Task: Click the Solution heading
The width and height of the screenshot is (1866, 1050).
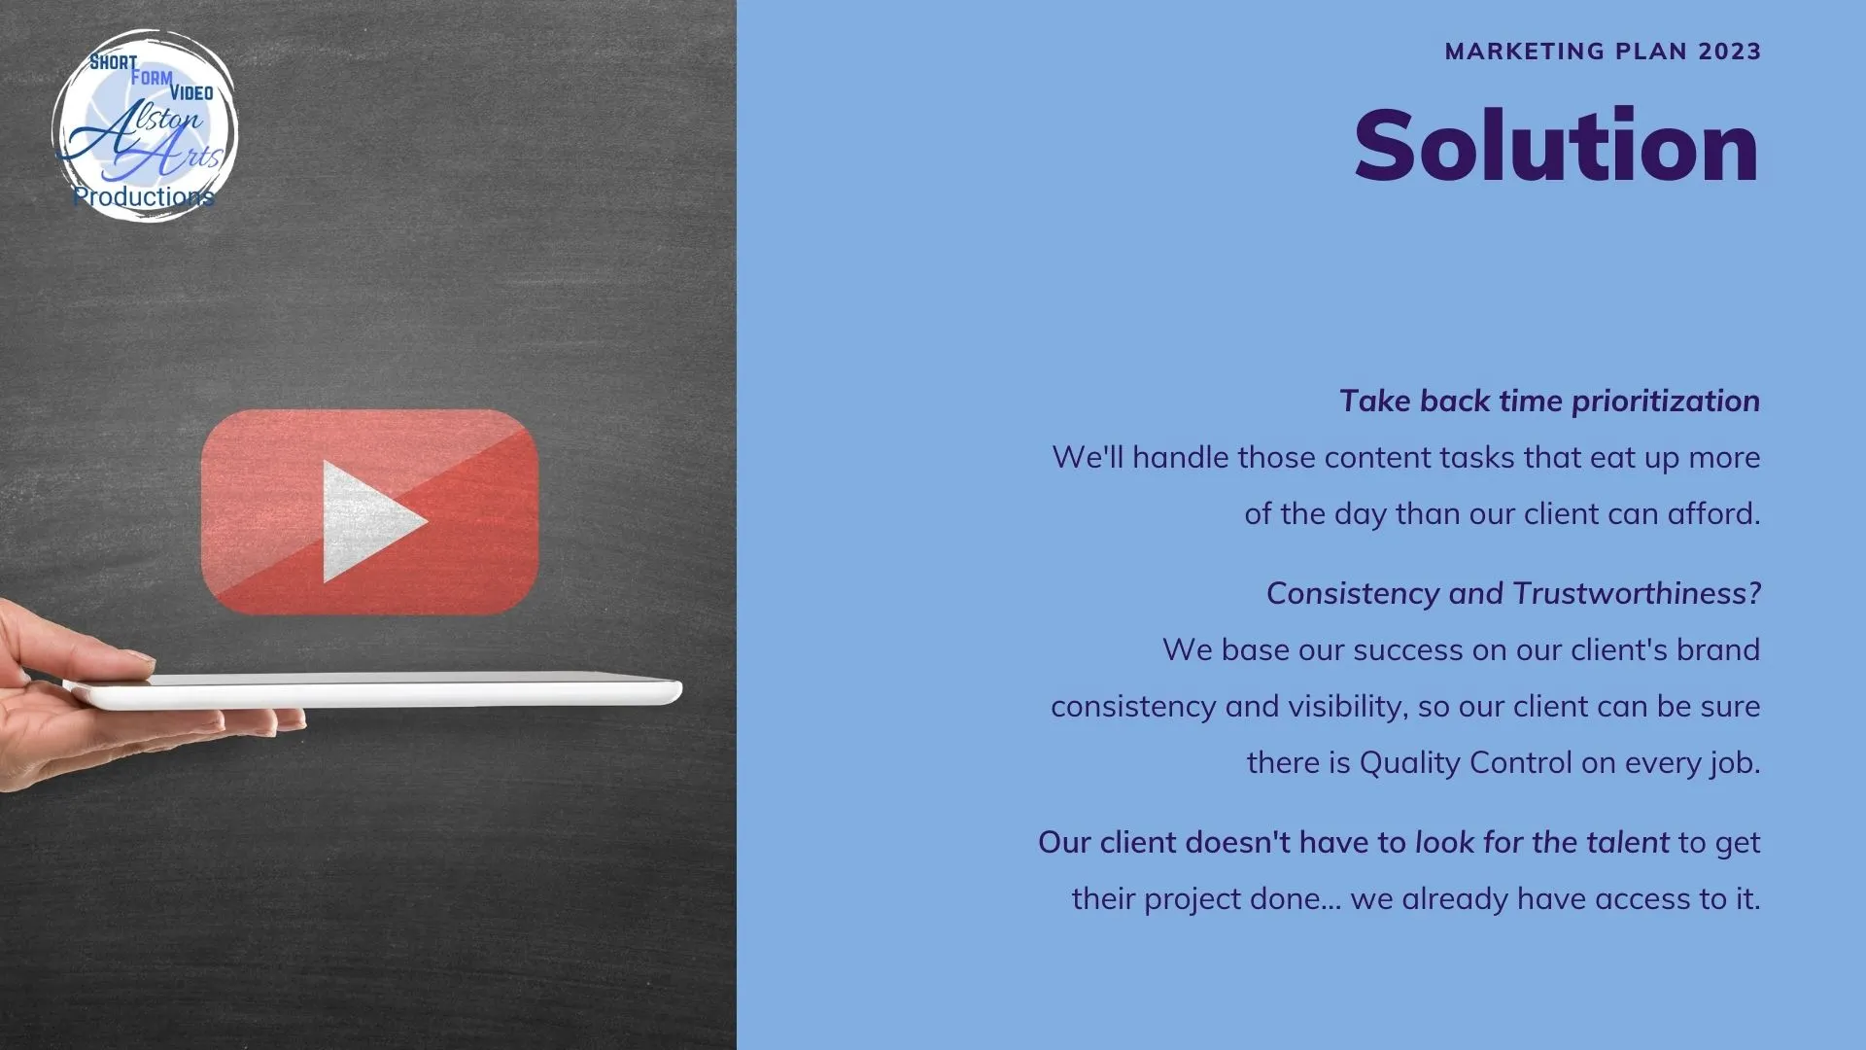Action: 1556,146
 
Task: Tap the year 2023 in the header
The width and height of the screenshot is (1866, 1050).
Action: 1730,52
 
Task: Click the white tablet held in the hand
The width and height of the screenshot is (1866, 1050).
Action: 374,690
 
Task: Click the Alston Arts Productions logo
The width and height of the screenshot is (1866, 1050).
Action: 145,125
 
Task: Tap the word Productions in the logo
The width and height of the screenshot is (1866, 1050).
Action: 143,196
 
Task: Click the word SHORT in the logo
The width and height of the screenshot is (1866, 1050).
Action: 113,62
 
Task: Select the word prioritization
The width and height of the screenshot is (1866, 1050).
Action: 1666,402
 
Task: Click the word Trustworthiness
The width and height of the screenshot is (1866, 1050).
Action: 1637,593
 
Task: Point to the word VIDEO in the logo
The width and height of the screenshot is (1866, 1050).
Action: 191,92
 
